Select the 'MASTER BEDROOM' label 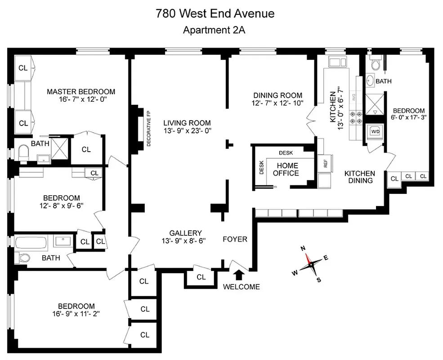[x=81, y=92]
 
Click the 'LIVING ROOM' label [x=187, y=123]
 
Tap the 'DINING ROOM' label [x=277, y=95]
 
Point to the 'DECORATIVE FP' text [x=148, y=128]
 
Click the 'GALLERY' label [x=185, y=233]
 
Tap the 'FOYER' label [x=235, y=239]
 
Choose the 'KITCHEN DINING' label [x=360, y=177]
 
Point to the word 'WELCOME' [x=241, y=287]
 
